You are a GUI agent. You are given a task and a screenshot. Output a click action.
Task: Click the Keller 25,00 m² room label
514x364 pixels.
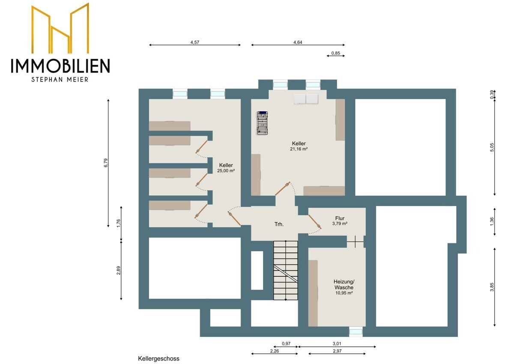[226, 168]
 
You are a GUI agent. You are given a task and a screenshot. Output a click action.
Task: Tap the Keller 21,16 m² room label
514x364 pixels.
[299, 146]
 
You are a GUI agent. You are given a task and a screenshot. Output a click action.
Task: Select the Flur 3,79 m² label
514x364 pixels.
[340, 221]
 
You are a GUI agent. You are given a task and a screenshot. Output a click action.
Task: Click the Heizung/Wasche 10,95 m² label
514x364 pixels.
[344, 287]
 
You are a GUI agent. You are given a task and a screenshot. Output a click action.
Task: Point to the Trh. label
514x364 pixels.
[279, 224]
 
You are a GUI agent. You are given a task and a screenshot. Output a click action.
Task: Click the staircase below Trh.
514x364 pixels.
[285, 270]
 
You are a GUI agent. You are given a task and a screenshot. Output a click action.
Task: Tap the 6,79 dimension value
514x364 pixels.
[106, 164]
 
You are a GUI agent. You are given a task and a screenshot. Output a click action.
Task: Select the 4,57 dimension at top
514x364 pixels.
[194, 42]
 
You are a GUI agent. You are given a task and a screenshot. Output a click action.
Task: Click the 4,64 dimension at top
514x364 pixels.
[298, 42]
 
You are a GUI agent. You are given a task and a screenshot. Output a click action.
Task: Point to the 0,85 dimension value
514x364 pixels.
[336, 53]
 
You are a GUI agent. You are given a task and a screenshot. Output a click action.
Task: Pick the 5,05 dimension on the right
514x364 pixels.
[493, 147]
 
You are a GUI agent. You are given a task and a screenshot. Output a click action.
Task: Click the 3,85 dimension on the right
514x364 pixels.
[493, 287]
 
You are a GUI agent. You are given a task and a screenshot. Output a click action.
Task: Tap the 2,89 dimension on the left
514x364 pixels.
[119, 270]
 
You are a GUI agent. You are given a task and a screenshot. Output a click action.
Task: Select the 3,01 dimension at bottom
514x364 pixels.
[337, 344]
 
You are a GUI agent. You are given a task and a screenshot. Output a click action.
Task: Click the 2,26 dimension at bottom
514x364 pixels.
[274, 352]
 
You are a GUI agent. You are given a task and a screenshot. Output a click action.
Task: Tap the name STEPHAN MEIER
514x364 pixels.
[60, 79]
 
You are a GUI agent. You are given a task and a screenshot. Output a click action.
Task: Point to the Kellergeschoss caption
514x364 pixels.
[158, 358]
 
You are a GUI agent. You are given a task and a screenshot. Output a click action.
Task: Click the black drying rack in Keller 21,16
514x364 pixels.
[263, 123]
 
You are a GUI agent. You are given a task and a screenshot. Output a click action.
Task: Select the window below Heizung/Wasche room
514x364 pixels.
[356, 331]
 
